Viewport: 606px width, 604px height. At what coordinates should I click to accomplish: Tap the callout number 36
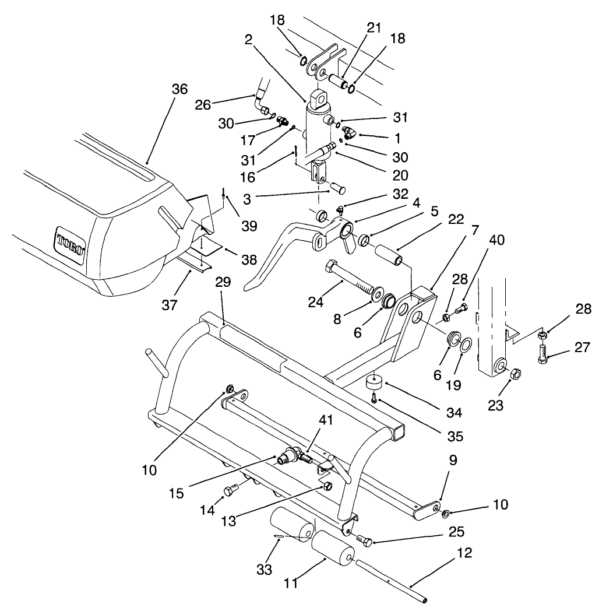coord(179,89)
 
